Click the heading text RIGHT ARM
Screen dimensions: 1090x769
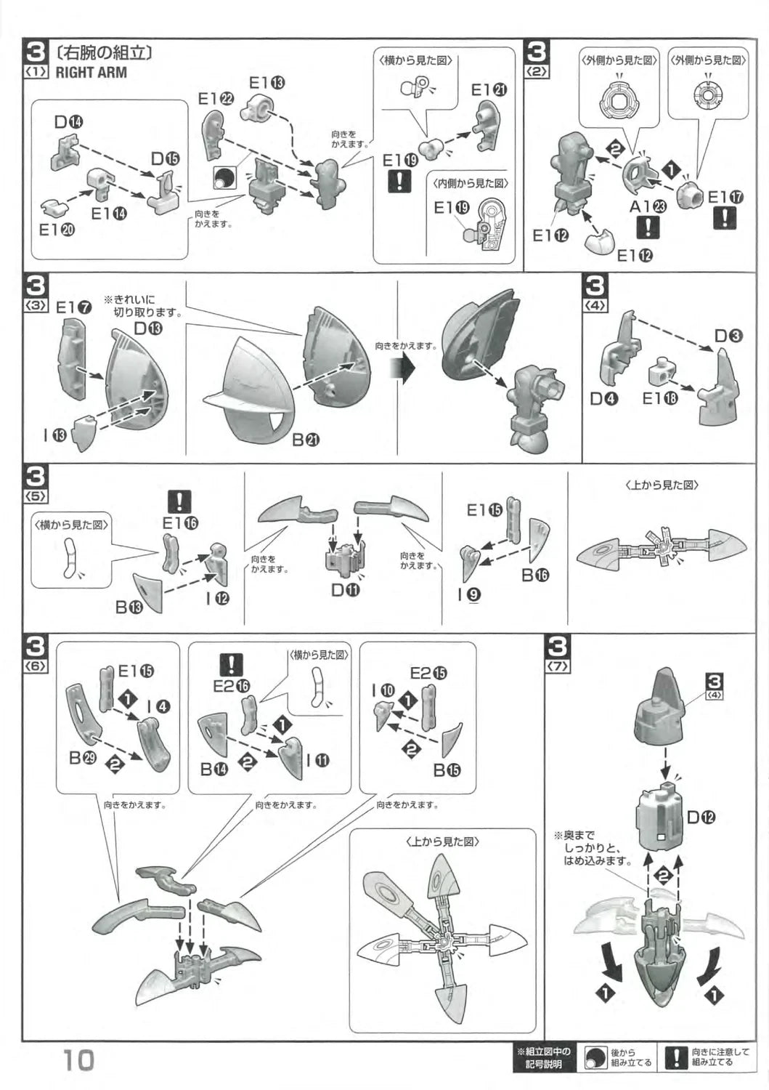coord(91,72)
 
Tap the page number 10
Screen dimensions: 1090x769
coord(78,1061)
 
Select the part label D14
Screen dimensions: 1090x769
coord(69,122)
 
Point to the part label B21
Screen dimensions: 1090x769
coord(306,439)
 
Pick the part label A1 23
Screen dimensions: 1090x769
coord(648,206)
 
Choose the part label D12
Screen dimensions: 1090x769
coord(701,817)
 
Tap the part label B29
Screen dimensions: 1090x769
coord(84,758)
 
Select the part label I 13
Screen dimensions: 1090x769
coord(54,435)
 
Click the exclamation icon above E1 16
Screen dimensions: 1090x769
coord(179,501)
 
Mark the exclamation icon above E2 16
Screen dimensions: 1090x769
coord(231,664)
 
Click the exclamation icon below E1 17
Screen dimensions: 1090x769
coord(725,217)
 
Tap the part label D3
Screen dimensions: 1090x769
coord(728,336)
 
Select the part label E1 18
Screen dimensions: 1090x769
coord(659,397)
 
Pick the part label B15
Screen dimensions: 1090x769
coord(447,770)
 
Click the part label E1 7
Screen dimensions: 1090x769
coord(74,307)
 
